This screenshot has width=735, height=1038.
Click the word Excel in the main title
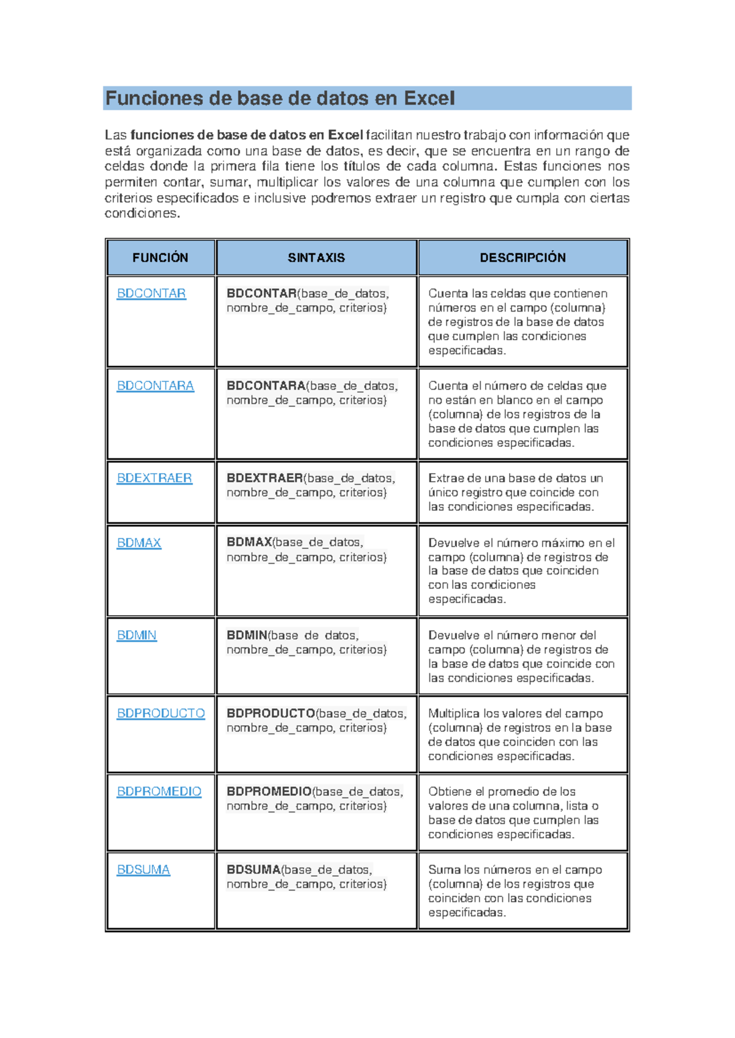(429, 99)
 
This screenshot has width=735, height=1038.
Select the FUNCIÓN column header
(160, 258)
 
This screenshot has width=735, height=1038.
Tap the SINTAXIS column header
(316, 258)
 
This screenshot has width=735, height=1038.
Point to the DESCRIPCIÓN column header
(522, 258)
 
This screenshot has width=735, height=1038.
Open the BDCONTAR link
(151, 293)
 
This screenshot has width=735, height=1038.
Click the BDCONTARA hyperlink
(155, 386)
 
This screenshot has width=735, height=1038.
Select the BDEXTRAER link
(154, 478)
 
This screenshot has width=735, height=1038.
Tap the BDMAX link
(139, 543)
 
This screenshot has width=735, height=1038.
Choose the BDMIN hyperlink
(137, 635)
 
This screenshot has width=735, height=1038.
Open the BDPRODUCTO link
(160, 713)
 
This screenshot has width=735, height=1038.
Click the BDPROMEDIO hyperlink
(159, 791)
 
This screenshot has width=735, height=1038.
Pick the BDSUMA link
(143, 870)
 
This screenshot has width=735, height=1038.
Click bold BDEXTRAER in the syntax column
(265, 478)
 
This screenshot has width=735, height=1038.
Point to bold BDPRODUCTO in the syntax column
(271, 713)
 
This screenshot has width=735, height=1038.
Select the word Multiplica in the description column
(454, 714)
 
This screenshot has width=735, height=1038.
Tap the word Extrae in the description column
(445, 478)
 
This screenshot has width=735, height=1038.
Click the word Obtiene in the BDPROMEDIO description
(450, 791)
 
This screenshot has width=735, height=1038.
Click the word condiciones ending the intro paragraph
(141, 214)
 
